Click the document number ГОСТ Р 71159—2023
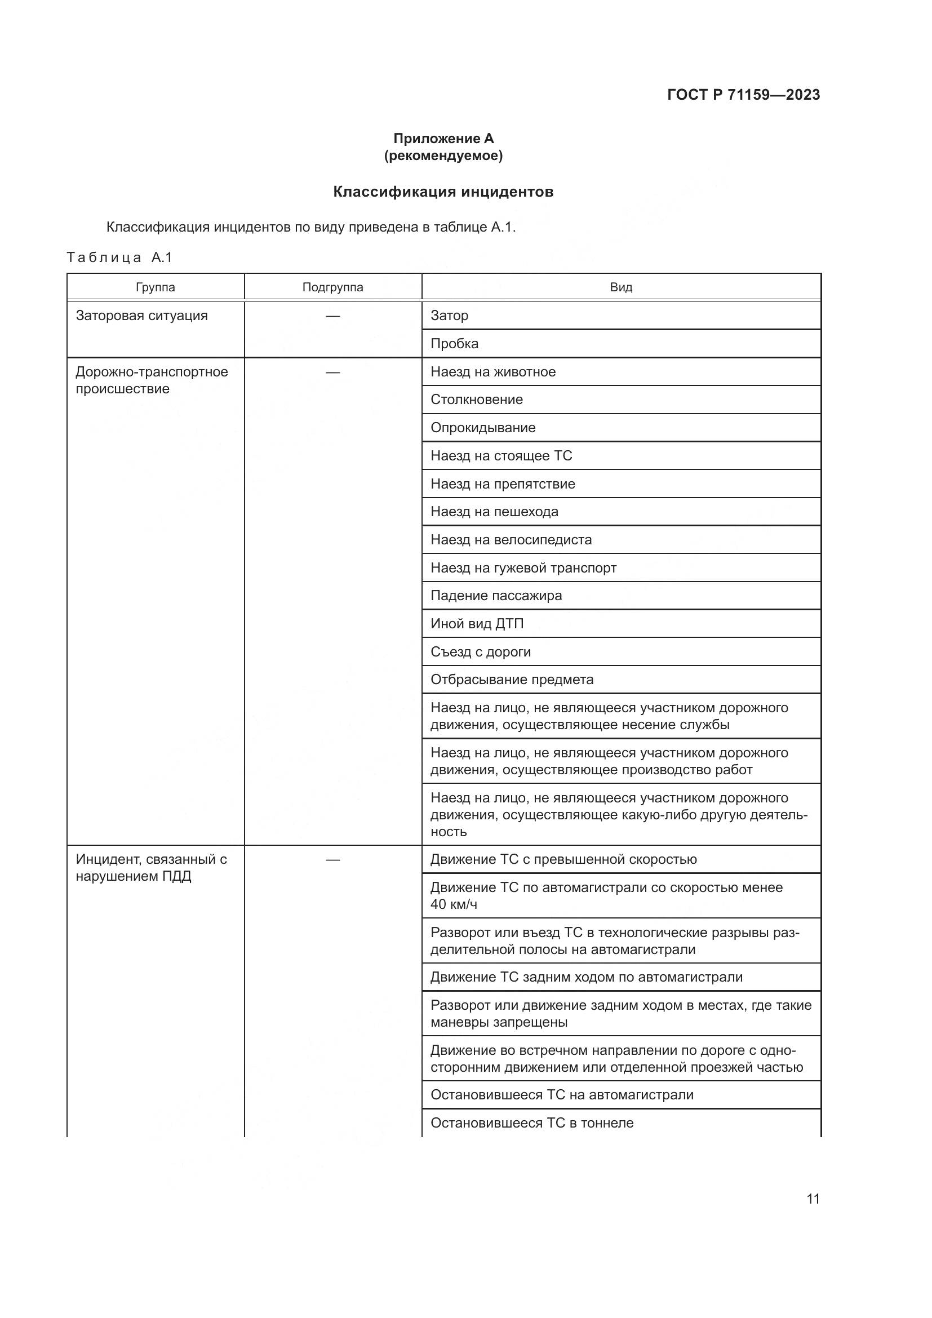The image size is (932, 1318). (x=743, y=95)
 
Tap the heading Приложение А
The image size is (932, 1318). (x=443, y=139)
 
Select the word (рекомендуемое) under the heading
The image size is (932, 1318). (x=443, y=156)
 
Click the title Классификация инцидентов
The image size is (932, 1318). (x=443, y=192)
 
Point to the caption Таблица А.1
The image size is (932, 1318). (x=119, y=257)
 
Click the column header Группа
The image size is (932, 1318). (x=156, y=287)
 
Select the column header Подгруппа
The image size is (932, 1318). (x=333, y=287)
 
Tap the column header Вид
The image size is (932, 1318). (x=621, y=287)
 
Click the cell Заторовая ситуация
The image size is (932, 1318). (x=142, y=315)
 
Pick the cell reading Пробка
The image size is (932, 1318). (x=455, y=343)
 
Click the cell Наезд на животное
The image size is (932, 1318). (x=493, y=371)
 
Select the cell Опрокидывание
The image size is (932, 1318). (x=483, y=428)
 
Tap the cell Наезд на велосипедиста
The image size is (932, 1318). (x=511, y=540)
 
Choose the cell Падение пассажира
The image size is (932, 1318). (x=496, y=595)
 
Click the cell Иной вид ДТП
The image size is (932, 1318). (x=477, y=623)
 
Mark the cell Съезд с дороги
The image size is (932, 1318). (x=480, y=651)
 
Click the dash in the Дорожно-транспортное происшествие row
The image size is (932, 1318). (x=333, y=372)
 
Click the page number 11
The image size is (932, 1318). (x=813, y=1199)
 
